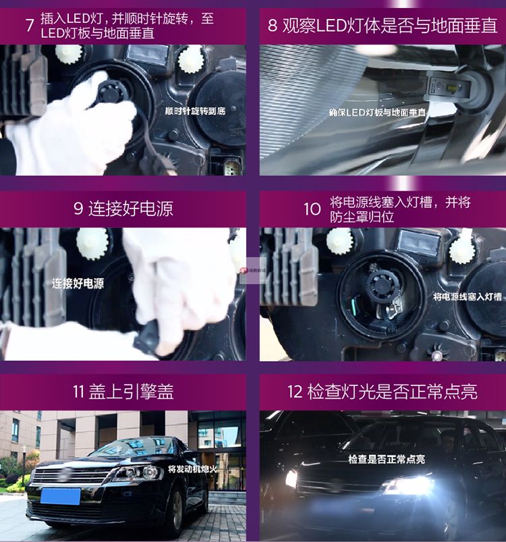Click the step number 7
click(x=30, y=26)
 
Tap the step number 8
click(x=272, y=26)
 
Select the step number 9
click(x=78, y=209)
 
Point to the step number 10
click(x=312, y=209)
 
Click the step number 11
click(x=78, y=391)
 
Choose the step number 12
click(x=295, y=392)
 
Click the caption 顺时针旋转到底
click(x=195, y=111)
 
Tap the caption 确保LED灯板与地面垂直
click(x=378, y=112)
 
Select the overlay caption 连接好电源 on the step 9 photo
click(x=78, y=283)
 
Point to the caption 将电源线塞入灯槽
click(x=468, y=296)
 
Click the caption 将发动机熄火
click(x=192, y=469)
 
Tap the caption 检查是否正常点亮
click(x=387, y=460)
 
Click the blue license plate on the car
click(x=61, y=496)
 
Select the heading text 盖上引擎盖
click(x=132, y=391)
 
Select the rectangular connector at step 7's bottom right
click(x=230, y=167)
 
